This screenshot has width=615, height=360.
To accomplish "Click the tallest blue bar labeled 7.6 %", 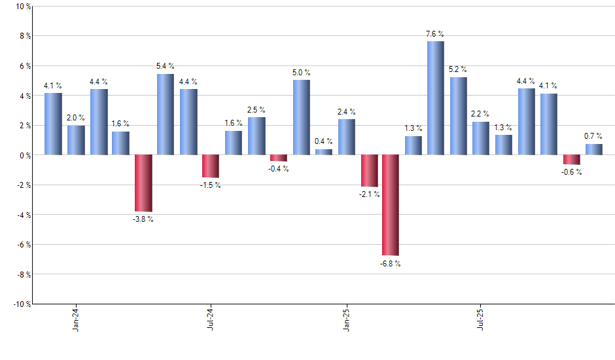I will pos(436,98).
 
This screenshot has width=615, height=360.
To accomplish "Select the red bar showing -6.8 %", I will pos(391,205).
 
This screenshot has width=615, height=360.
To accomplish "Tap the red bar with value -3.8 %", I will pos(143,183).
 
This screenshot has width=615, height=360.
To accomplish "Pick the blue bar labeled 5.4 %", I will pos(166,115).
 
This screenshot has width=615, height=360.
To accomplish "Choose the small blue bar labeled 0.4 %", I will pos(324,152).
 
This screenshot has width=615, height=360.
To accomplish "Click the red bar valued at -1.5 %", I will pos(211,166).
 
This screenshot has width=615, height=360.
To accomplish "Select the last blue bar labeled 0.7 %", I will pos(594,149).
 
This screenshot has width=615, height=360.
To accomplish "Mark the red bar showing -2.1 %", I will pos(369,171).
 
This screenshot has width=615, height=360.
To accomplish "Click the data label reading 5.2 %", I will pos(458,69).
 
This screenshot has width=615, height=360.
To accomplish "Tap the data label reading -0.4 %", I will pos(278,169).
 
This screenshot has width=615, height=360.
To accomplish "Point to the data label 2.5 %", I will pos(256,109).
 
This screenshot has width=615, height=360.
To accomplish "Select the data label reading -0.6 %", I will pos(571,172).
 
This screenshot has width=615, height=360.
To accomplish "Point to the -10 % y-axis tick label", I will pos(20,304).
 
